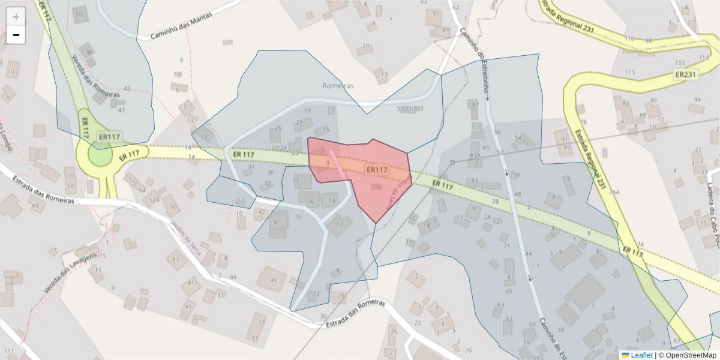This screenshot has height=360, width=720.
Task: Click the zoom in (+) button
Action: point(16,17)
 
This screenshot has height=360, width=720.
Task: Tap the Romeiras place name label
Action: point(338,86)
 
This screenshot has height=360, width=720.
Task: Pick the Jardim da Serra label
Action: point(185,238)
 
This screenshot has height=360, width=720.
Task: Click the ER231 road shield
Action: point(685,74)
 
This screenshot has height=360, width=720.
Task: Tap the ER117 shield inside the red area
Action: point(377,170)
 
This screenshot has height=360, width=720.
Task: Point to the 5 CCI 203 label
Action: point(410,109)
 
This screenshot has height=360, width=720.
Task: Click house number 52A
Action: point(155,200)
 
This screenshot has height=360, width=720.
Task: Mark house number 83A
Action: point(475,155)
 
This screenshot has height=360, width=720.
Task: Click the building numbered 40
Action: point(274,280)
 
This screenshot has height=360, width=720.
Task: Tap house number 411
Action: point(193,282)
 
